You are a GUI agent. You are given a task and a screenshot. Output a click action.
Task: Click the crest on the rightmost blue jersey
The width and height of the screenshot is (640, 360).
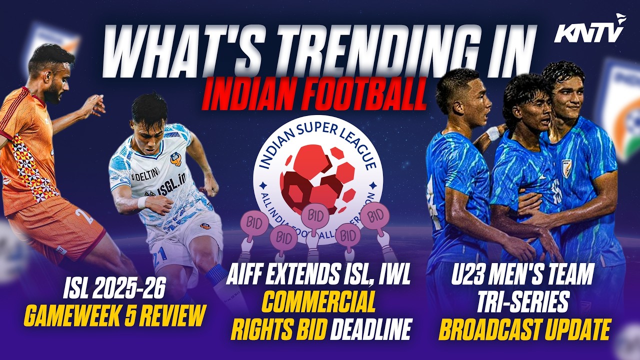[566, 168]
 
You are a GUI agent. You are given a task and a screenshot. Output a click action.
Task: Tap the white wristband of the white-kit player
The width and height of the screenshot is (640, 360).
[143, 202]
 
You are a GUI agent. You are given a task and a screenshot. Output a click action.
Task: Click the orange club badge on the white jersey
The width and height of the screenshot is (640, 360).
[176, 159]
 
